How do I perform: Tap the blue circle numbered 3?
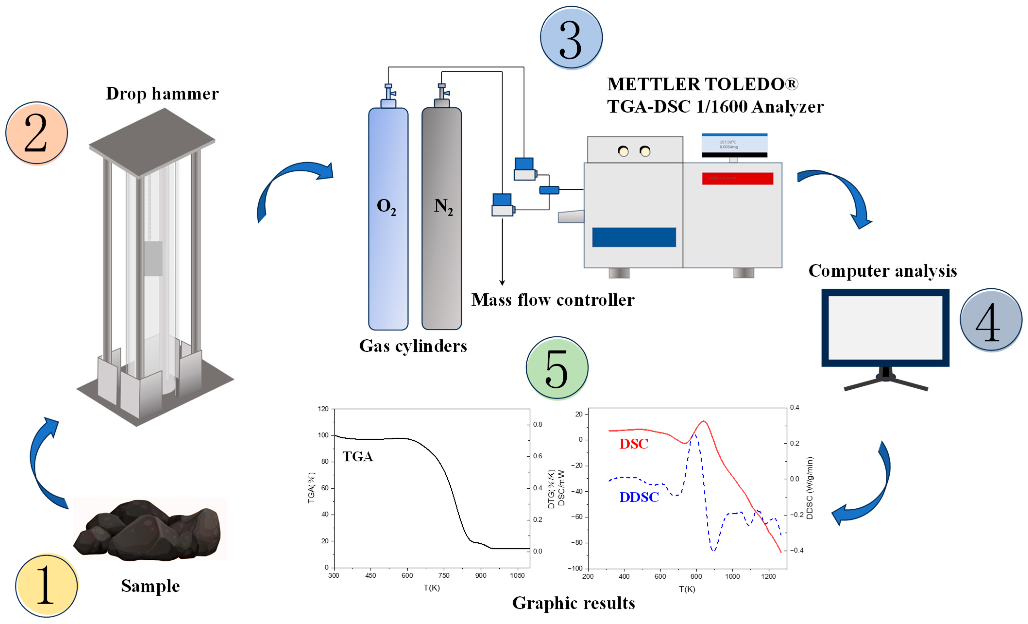click(571, 38)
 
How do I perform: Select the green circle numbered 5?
click(557, 368)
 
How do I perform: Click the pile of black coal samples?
click(148, 530)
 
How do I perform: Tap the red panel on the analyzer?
click(737, 179)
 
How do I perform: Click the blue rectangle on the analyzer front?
click(634, 237)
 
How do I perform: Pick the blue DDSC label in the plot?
click(639, 497)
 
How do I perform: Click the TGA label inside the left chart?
click(358, 457)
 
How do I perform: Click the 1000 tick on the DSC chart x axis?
click(732, 576)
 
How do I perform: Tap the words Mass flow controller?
click(553, 300)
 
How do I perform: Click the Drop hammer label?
click(162, 94)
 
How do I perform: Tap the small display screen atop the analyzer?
click(734, 145)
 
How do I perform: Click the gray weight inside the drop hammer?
click(153, 258)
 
